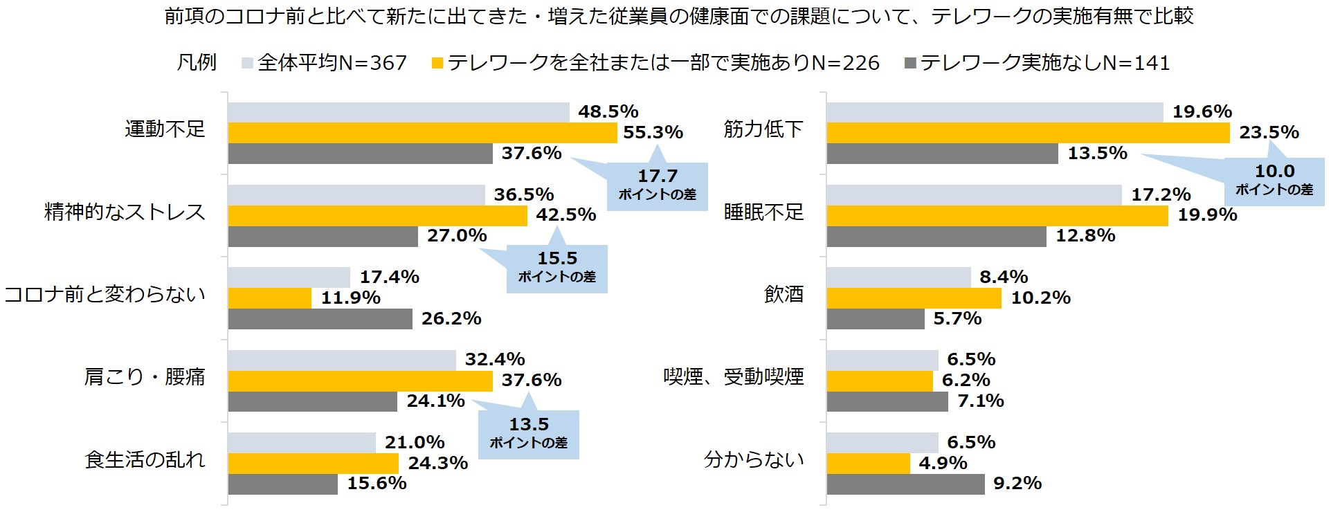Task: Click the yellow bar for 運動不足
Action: point(422,133)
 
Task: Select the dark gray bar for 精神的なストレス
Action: point(323,237)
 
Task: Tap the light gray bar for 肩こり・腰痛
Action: point(342,360)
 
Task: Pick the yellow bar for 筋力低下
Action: point(1028,133)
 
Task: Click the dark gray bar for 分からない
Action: point(905,484)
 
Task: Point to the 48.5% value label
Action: point(608,112)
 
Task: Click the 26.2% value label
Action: point(451,319)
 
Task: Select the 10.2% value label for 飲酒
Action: point(1040,298)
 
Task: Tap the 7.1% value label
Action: point(980,401)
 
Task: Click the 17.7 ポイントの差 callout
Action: point(658,185)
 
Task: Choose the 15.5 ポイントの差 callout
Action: point(557,268)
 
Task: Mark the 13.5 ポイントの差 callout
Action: point(529,434)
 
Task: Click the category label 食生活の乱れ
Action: point(145,459)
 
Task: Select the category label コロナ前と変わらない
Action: point(105,295)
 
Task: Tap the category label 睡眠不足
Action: point(763,212)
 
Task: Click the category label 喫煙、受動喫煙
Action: point(733,377)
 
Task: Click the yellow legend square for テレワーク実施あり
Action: point(437,64)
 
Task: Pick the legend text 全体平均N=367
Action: point(332,63)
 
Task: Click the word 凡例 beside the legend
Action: point(197,63)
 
